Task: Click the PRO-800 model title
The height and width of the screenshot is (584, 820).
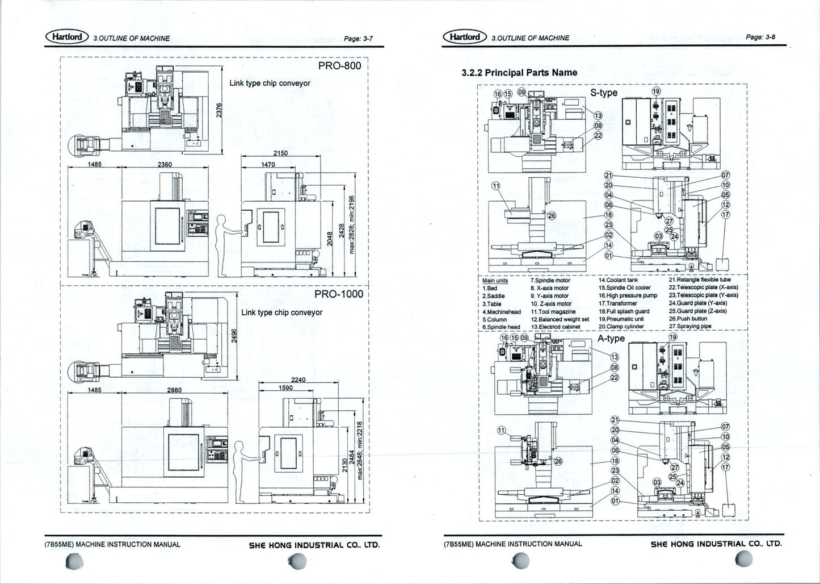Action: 339,66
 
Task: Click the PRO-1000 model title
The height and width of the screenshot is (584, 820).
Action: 338,294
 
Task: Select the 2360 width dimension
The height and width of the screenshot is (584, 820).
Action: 165,164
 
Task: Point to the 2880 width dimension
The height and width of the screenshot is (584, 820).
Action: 174,390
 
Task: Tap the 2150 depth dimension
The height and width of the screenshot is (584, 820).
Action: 280,153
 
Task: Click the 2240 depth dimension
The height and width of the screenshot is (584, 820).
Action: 298,380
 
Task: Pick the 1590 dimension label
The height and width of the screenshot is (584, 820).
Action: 286,388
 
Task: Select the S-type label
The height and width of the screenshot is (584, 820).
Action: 604,93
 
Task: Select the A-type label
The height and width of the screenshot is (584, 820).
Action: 611,339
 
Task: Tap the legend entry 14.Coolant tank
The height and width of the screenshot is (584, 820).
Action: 618,280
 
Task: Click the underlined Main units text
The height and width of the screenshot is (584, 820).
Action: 495,281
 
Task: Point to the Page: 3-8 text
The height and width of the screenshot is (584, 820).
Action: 760,37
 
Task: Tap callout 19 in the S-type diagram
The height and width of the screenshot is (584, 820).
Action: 656,91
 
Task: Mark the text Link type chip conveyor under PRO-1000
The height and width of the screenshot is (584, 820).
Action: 281,312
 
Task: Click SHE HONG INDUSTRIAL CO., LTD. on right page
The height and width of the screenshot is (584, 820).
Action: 716,544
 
